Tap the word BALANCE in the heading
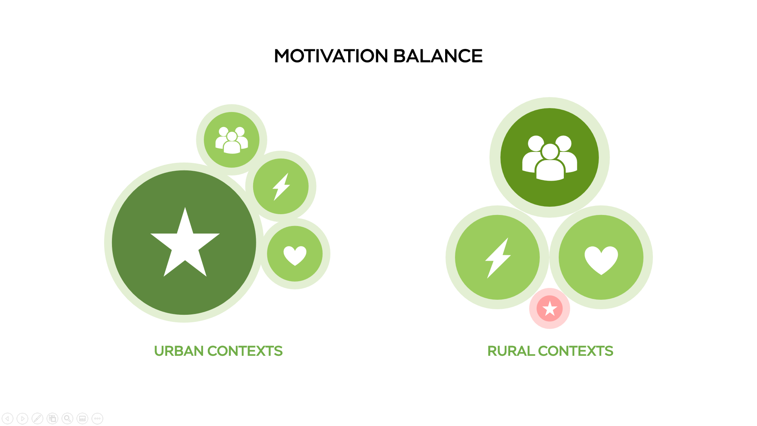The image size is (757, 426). tap(438, 56)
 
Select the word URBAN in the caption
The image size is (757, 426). tap(179, 351)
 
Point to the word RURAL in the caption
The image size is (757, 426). tap(511, 351)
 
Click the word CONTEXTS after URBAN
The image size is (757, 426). tap(245, 351)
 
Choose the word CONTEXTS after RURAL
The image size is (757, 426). tap(576, 351)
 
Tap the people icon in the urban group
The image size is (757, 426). tap(232, 140)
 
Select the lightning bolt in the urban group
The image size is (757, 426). tap(281, 187)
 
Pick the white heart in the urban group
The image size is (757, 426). tap(295, 255)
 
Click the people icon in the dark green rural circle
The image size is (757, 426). tap(550, 158)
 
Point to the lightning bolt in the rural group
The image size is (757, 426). tap(498, 258)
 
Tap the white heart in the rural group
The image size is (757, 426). tap(601, 260)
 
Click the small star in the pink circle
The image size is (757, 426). tap(550, 308)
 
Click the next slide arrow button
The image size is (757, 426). tap(22, 419)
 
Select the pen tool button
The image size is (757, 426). tap(37, 419)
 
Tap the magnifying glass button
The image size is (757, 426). tap(67, 419)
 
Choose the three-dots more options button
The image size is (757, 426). tap(97, 419)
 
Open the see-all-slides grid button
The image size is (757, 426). tap(52, 419)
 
